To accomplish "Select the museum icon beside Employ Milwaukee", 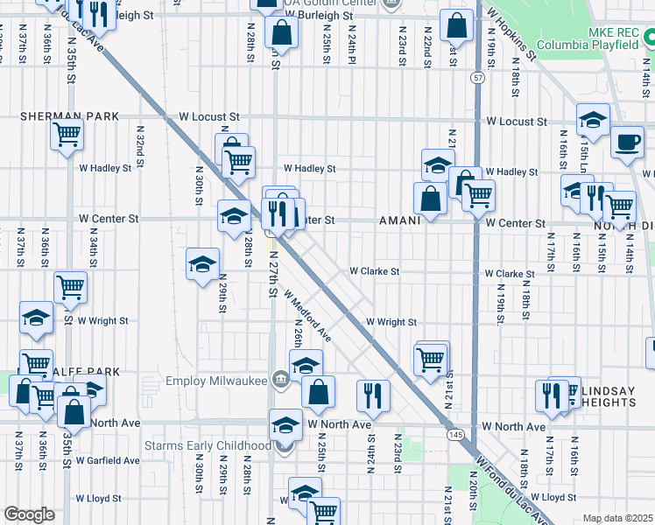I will coord(280,379).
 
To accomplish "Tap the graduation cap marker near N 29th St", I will coord(202,263).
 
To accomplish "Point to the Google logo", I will coord(29,514).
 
